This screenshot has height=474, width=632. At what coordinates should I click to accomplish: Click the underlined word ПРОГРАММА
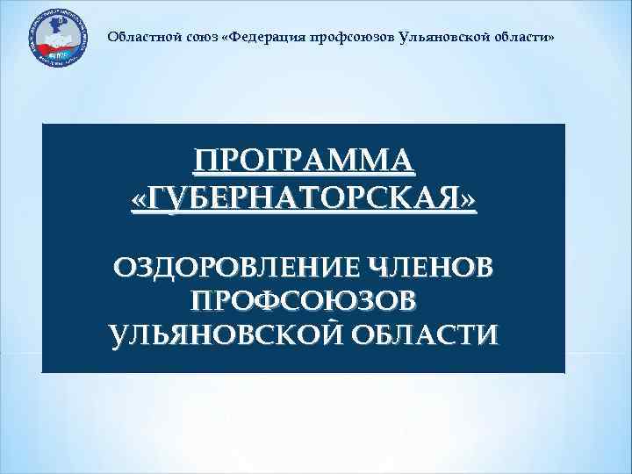tap(304, 162)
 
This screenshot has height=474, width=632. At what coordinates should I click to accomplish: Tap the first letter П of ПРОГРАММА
tap(207, 162)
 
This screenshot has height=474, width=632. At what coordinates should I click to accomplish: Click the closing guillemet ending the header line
tap(551, 39)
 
